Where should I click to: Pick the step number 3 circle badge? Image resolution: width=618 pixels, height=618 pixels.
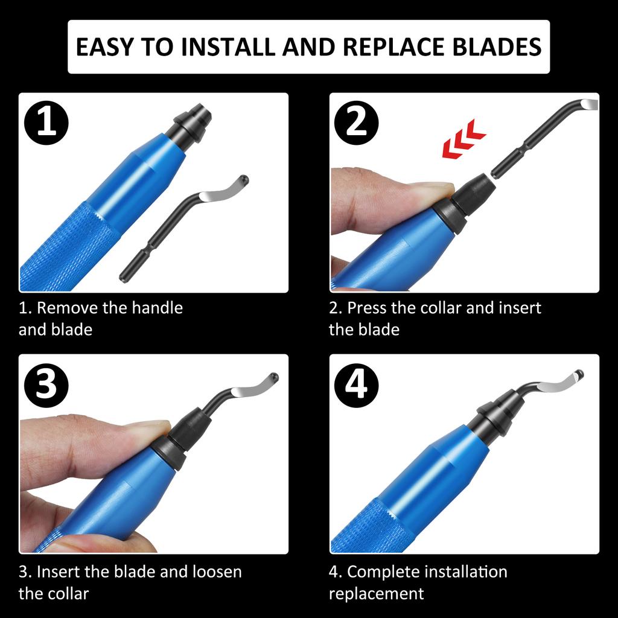(x=46, y=384)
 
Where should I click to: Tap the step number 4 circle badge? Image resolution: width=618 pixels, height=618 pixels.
(x=357, y=384)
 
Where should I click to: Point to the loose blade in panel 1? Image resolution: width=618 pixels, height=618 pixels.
(x=181, y=229)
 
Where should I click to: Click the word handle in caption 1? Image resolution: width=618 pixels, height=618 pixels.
(x=155, y=308)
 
